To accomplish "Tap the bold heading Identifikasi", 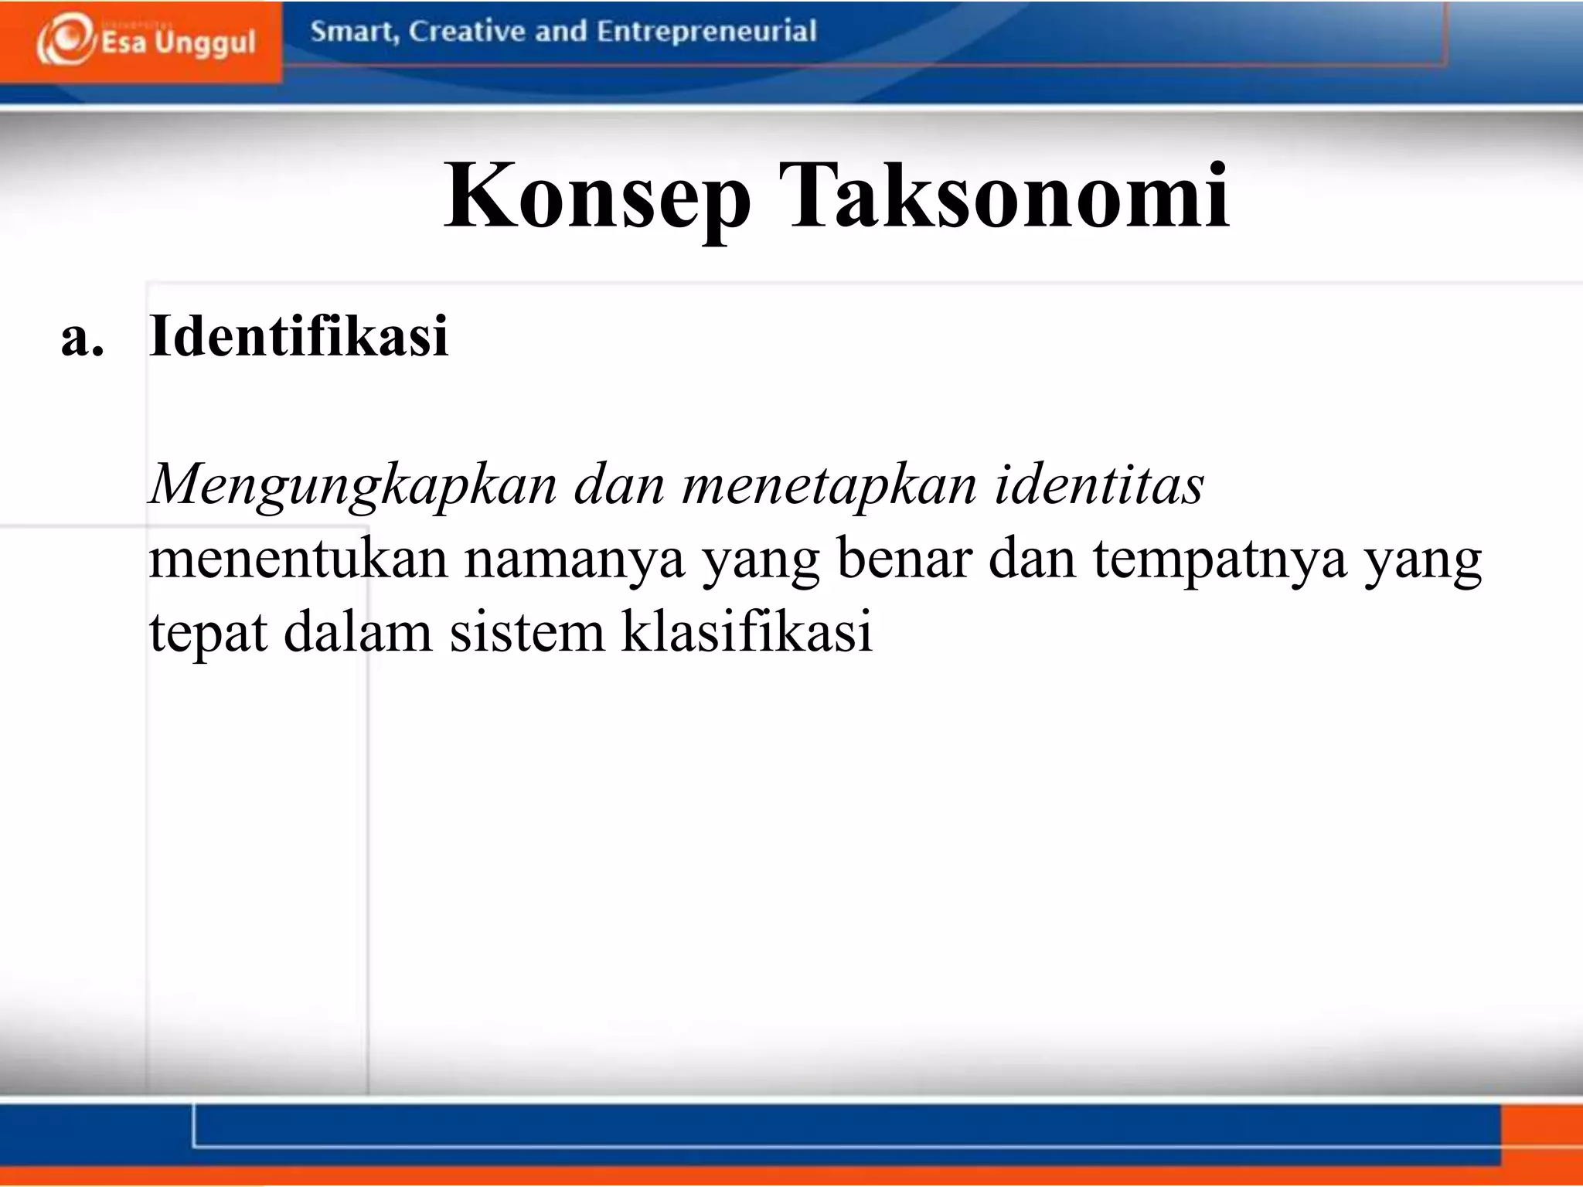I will coord(298,337).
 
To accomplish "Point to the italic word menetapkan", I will coord(829,485).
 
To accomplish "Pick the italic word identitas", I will coord(1098,485).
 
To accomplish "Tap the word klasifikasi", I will coord(747,631).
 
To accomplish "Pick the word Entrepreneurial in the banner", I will coord(706,32).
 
